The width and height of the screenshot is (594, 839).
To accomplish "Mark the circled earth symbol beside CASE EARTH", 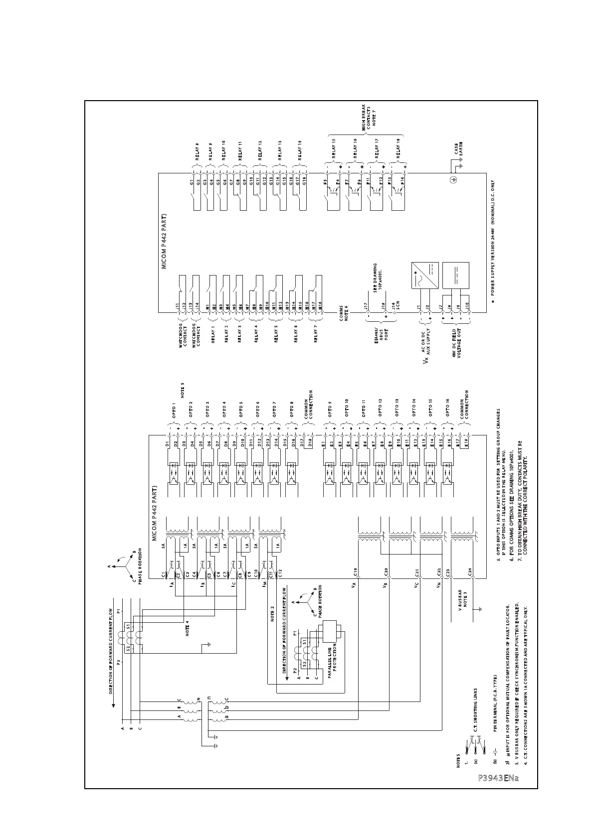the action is tap(453, 180).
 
